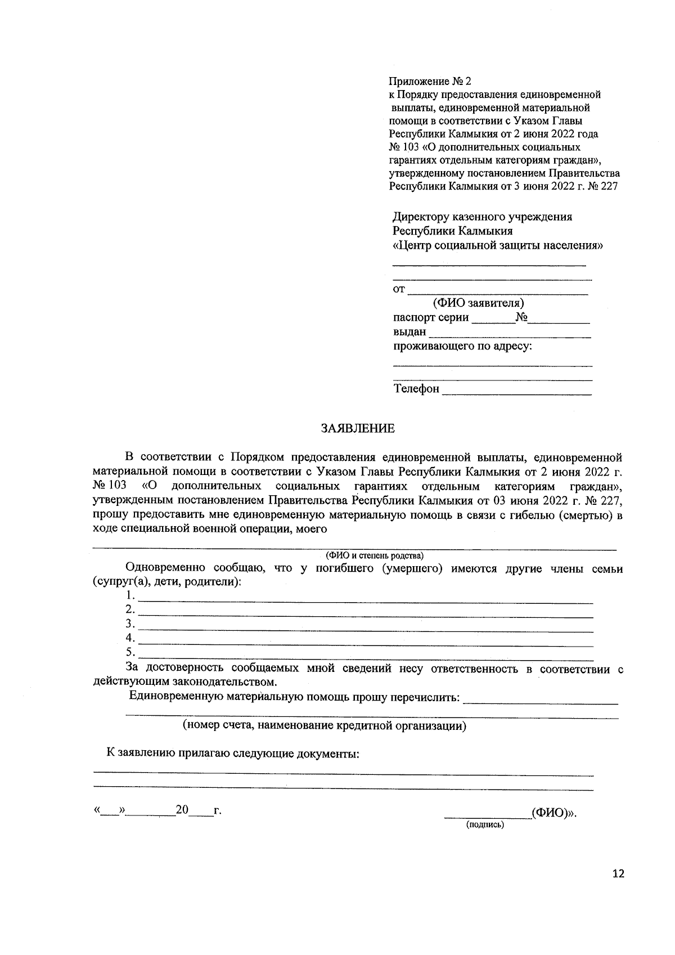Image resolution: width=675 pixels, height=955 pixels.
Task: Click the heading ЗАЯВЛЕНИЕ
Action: (x=358, y=429)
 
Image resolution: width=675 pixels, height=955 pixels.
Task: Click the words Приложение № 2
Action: (x=429, y=82)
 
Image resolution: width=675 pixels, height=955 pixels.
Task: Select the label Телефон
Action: (x=416, y=389)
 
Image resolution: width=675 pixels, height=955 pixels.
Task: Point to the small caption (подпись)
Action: (x=484, y=825)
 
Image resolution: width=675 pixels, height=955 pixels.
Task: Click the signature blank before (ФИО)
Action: (x=487, y=814)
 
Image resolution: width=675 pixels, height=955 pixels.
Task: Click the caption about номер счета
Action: (x=325, y=726)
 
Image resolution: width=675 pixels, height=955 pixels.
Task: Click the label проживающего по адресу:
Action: (x=462, y=347)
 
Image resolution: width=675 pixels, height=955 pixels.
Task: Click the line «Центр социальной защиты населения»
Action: (x=498, y=245)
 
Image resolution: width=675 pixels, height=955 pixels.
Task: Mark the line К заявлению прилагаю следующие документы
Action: (x=233, y=754)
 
